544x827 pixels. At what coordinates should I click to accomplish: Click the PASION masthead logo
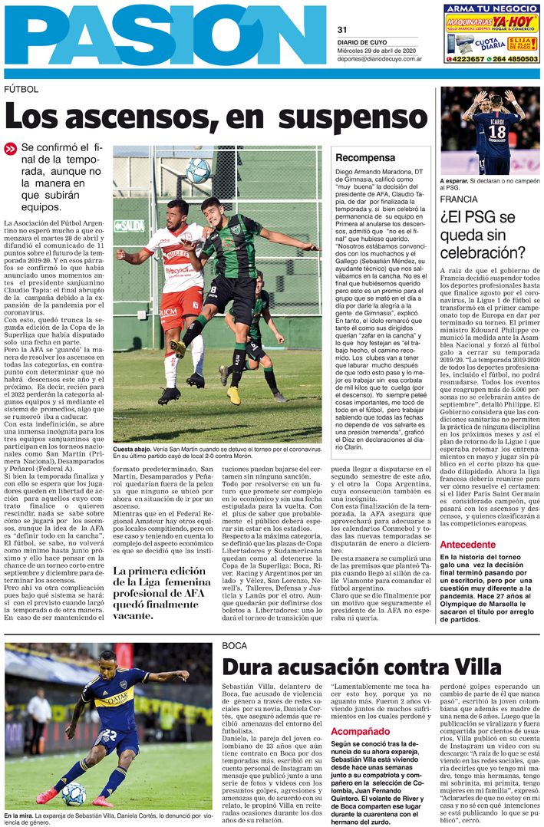165,35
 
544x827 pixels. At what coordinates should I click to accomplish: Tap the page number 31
342,29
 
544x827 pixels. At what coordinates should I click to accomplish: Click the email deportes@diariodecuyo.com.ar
381,58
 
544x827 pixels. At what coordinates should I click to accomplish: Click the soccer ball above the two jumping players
198,170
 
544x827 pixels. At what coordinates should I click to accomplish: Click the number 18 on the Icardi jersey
496,131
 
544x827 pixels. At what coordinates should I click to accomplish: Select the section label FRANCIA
459,199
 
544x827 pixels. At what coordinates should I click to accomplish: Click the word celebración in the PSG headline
483,252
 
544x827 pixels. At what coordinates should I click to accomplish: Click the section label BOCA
234,645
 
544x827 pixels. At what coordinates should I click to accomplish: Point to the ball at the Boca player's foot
74,794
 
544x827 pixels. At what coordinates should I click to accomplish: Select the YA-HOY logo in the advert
514,22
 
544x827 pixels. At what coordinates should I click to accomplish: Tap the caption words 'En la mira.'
19,815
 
